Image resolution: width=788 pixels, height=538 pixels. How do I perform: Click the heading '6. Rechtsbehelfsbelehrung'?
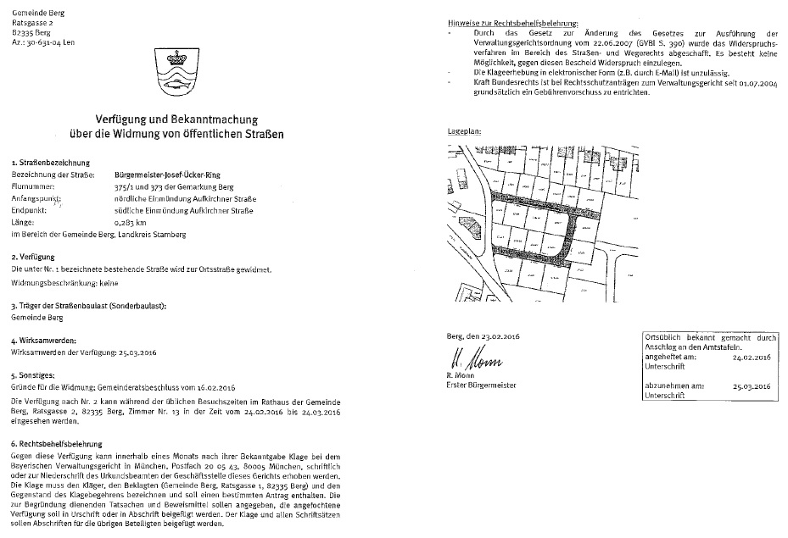click(57, 443)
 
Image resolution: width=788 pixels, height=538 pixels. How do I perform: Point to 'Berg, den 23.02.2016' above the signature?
click(483, 336)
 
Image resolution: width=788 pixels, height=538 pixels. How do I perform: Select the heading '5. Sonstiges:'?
click(32, 374)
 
